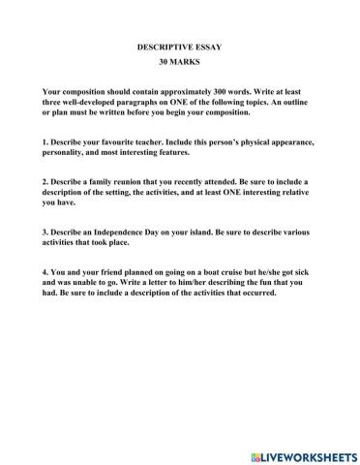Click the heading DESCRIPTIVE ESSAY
click(179, 46)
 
